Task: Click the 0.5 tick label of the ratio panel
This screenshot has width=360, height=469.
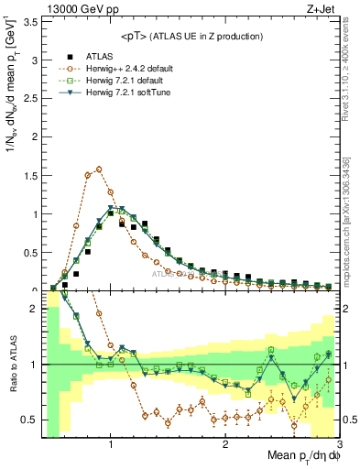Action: tap(30, 420)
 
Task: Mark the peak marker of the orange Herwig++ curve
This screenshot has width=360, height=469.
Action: tap(99, 169)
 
